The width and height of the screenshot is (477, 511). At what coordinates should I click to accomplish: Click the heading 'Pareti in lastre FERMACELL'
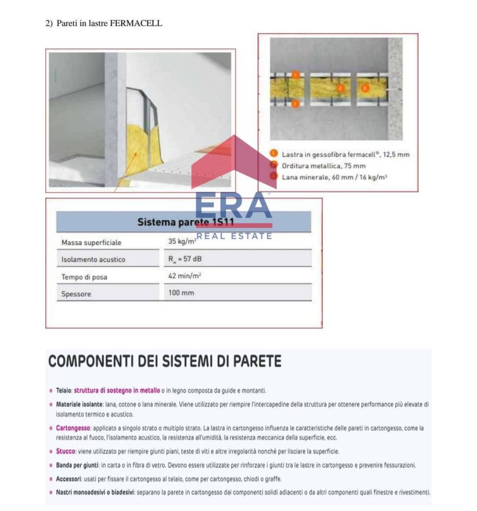coord(109,23)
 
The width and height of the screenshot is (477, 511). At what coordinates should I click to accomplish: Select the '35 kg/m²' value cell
coord(182,241)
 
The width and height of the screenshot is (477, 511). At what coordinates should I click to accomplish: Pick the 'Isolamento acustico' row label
coord(93,260)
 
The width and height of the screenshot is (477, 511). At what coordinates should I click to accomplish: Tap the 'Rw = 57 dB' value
coord(185,259)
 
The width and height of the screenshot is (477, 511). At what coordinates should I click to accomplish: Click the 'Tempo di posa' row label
coord(84,277)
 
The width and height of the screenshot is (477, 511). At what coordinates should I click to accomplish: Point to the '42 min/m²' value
coord(184,276)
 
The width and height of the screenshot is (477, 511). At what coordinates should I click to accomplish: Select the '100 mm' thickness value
coord(181,293)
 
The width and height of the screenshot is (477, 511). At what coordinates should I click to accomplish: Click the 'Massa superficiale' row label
coord(91,242)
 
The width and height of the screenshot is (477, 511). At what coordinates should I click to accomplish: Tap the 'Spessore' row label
coord(76,294)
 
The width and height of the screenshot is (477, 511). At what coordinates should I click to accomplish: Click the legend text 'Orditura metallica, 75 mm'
coord(323,166)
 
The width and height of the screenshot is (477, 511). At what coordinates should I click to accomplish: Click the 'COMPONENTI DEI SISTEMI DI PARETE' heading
coord(164,361)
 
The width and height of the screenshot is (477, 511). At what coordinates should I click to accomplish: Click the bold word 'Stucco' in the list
coord(66,452)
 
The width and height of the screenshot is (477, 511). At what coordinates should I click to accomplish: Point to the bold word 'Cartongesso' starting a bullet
coord(73,428)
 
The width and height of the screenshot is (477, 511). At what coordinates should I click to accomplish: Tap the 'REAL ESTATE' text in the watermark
coord(234,236)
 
